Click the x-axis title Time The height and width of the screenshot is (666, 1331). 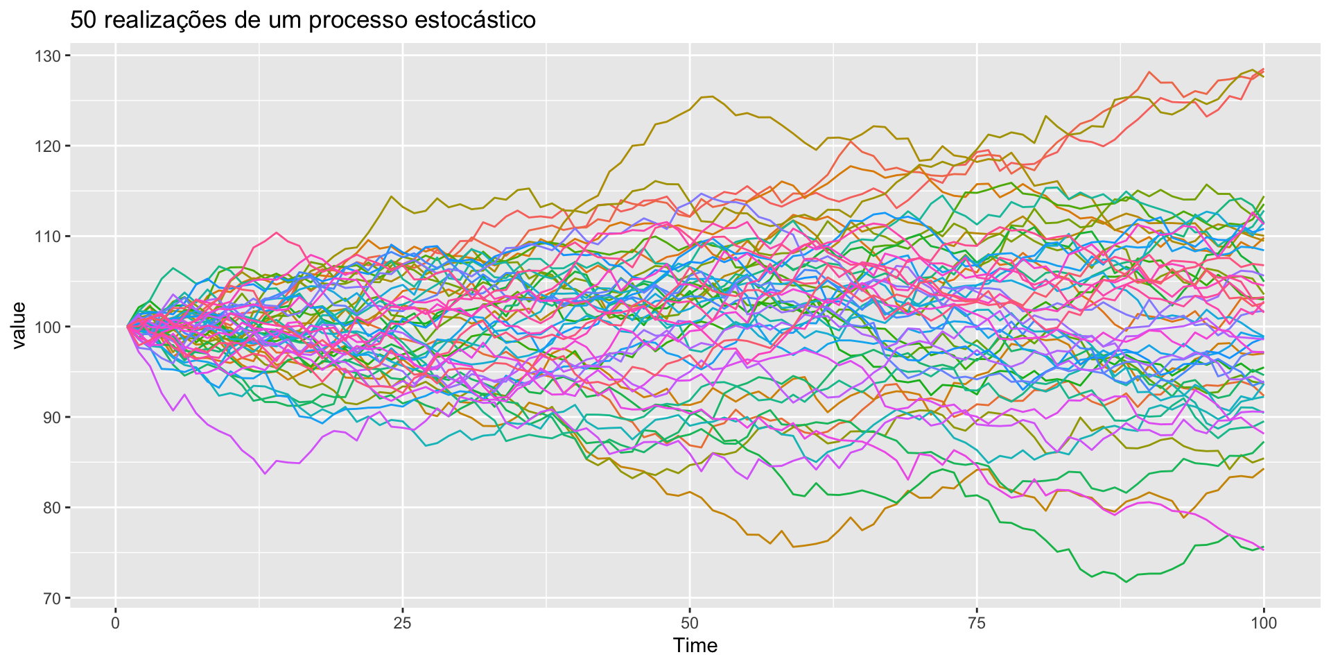695,646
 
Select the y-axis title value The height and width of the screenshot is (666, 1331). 19,326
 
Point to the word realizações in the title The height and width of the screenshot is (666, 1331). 158,20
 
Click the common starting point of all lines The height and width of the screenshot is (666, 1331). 128,326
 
